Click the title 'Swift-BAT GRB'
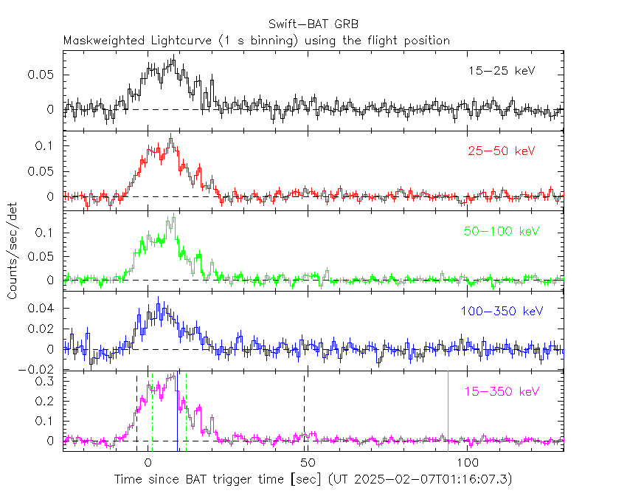pos(313,24)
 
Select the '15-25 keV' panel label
pos(501,71)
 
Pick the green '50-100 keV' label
pos(498,232)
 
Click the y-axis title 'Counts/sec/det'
pos(13,251)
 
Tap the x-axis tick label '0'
pos(148,463)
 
